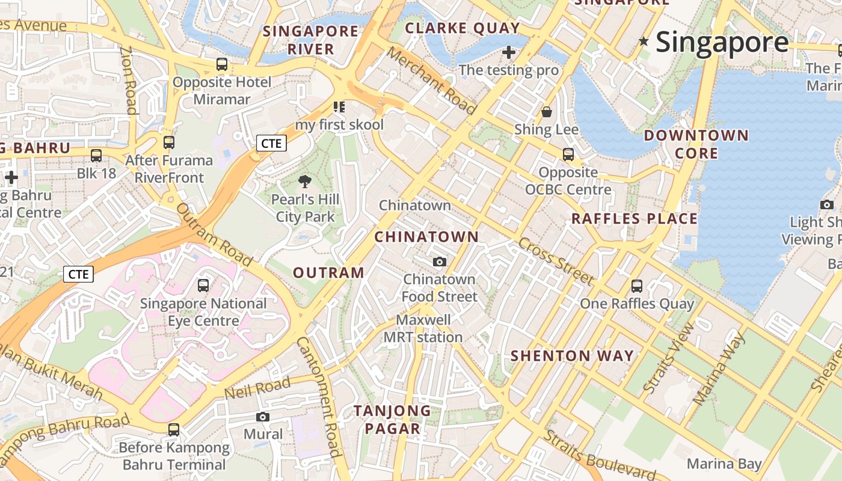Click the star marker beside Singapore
pyautogui.click(x=644, y=41)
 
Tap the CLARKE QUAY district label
pyautogui.click(x=462, y=28)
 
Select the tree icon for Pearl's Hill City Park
pyautogui.click(x=305, y=182)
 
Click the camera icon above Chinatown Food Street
pyautogui.click(x=440, y=262)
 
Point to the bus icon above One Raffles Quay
pyautogui.click(x=637, y=286)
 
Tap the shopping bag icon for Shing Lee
pyautogui.click(x=547, y=112)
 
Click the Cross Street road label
pyautogui.click(x=556, y=262)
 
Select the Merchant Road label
pyautogui.click(x=431, y=81)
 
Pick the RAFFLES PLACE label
pyautogui.click(x=634, y=219)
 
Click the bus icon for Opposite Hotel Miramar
pyautogui.click(x=222, y=64)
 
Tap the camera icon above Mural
pyautogui.click(x=263, y=417)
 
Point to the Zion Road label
pyautogui.click(x=129, y=80)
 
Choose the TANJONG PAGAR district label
pyautogui.click(x=392, y=420)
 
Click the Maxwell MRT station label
pyautogui.click(x=423, y=328)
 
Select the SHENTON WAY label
pyautogui.click(x=572, y=356)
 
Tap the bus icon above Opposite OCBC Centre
pyautogui.click(x=568, y=155)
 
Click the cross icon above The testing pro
pyautogui.click(x=509, y=52)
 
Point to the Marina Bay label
pyautogui.click(x=724, y=464)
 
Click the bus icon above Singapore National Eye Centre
pyautogui.click(x=203, y=286)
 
